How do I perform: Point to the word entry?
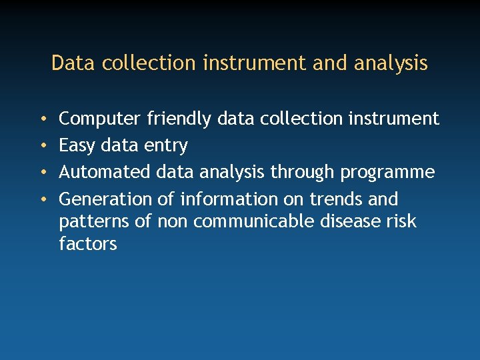coord(166,146)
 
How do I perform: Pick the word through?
coord(303,173)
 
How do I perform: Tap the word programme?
coord(387,173)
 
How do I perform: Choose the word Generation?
coord(106,199)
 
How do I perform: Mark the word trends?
coord(336,199)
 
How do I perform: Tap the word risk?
coord(402,221)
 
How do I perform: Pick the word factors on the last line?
coord(88,244)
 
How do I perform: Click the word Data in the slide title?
coord(67,63)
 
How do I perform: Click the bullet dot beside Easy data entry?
coord(43,146)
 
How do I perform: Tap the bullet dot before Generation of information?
coord(43,199)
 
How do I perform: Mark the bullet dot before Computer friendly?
coord(43,119)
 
